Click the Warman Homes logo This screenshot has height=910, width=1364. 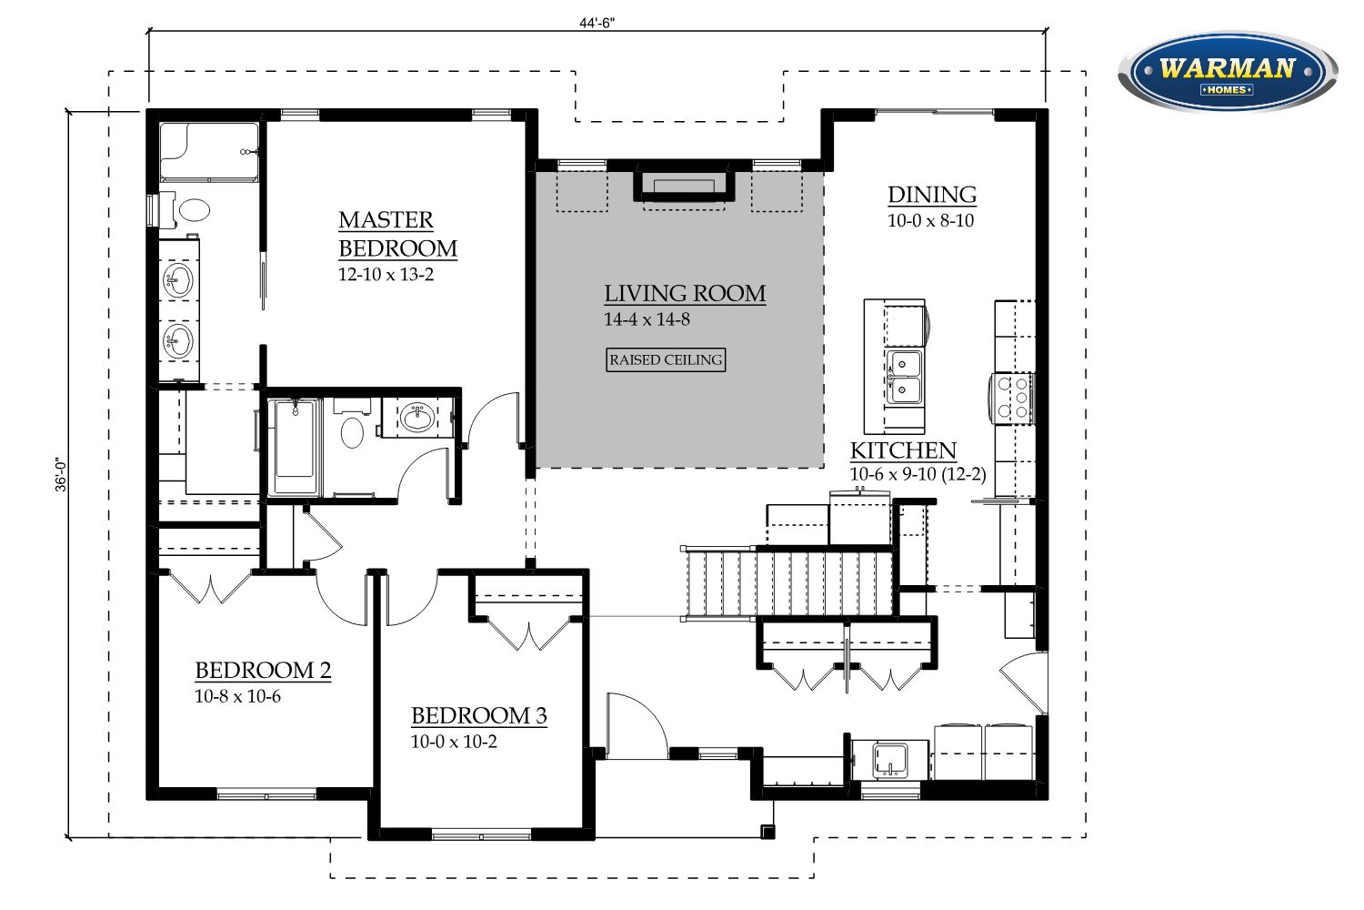click(1227, 72)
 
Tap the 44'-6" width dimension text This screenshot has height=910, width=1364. click(597, 23)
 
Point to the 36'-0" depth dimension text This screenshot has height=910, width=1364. click(61, 475)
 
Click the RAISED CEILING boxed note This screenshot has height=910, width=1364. click(666, 359)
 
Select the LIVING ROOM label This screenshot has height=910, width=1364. click(685, 294)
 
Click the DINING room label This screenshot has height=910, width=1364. click(932, 195)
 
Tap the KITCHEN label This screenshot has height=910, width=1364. click(903, 450)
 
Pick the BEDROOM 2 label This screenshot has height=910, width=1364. click(263, 671)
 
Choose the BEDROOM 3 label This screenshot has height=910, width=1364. click(478, 715)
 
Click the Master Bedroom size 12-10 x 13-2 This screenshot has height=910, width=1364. click(386, 274)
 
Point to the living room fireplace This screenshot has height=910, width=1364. click(684, 186)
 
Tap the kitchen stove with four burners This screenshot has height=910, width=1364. click(1011, 398)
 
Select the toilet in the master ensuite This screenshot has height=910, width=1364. click(189, 209)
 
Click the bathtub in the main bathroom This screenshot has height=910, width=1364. click(295, 447)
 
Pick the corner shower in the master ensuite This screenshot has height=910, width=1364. click(209, 152)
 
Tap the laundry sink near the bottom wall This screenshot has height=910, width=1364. click(890, 760)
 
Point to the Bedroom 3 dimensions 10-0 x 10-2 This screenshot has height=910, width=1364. click(454, 742)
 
